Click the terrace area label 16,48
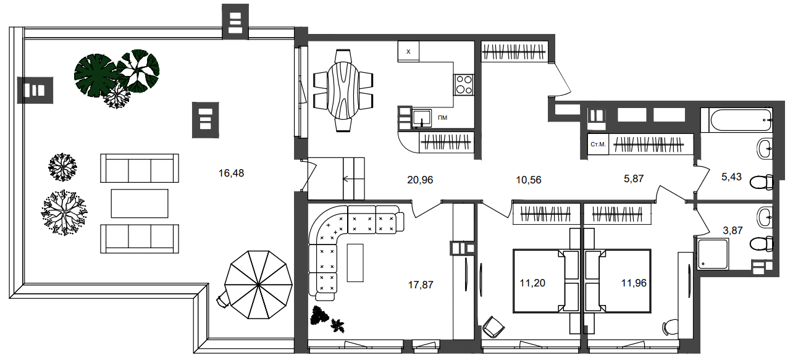click(x=231, y=173)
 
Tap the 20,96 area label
click(x=420, y=180)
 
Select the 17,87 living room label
click(x=421, y=285)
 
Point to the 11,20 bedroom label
click(x=532, y=283)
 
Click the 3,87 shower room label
click(x=733, y=230)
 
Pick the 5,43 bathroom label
click(x=731, y=177)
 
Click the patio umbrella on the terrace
click(x=258, y=285)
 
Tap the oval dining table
click(x=343, y=91)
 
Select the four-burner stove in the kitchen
click(x=463, y=85)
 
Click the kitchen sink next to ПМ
click(x=422, y=119)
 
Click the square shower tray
click(x=713, y=254)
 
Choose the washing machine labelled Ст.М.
click(x=598, y=144)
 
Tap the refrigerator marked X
click(x=408, y=52)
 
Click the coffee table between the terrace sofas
click(x=140, y=203)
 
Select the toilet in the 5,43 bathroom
click(x=762, y=182)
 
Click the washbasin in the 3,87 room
click(x=765, y=217)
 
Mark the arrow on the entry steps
click(x=348, y=179)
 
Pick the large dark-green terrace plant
click(x=96, y=75)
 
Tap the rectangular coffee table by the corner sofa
click(x=355, y=263)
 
